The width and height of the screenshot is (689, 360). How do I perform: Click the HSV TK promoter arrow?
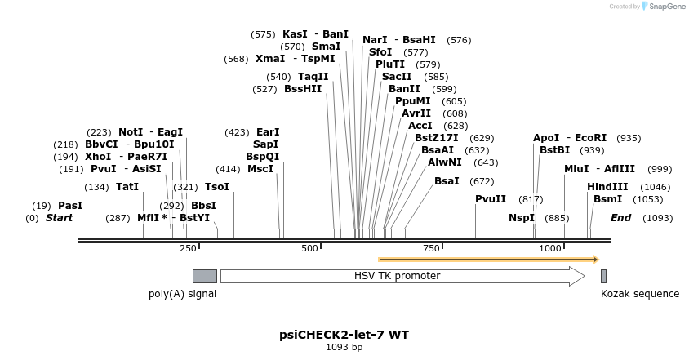coord(402,276)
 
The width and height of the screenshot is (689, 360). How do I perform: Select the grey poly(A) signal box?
coord(204,276)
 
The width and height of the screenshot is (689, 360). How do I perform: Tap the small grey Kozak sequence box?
coord(603,276)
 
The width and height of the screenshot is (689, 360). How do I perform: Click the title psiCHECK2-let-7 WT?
coord(344,335)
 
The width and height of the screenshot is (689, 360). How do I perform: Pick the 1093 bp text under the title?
coord(344,348)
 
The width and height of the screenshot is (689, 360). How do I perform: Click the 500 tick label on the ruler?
coord(309,248)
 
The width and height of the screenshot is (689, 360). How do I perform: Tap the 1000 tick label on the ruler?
coord(550,248)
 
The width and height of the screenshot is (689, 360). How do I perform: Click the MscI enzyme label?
coord(260,169)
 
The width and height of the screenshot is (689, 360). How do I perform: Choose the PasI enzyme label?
coord(70,206)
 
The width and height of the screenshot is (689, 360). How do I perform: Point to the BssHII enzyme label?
coord(303,89)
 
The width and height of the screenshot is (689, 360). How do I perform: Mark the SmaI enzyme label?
coord(327,47)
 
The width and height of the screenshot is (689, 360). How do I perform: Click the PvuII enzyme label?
coord(491,199)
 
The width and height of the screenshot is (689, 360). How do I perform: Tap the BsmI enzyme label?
coord(607,199)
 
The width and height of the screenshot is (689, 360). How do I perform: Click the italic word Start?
coord(59,218)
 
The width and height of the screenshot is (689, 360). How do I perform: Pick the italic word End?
coord(621,218)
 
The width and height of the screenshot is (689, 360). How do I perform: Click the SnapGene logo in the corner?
coord(662,7)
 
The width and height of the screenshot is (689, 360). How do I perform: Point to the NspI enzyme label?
coord(521,218)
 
